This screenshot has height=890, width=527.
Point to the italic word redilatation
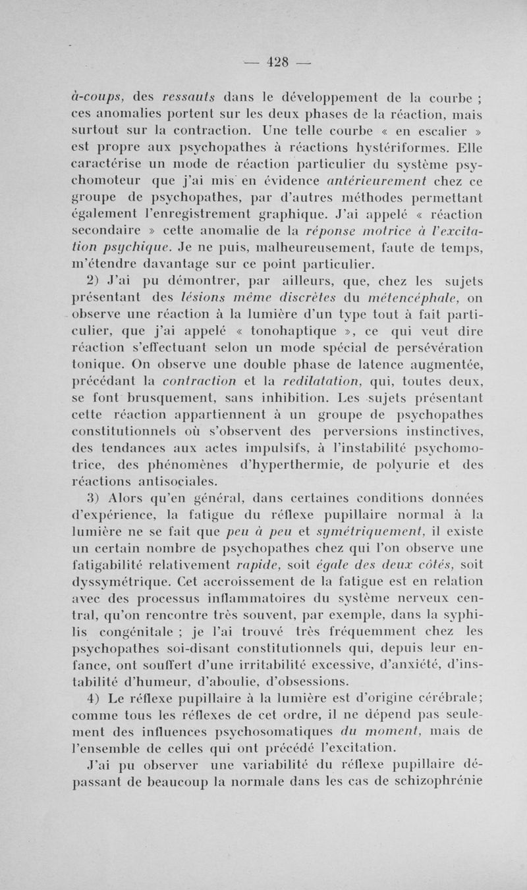click(329, 384)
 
